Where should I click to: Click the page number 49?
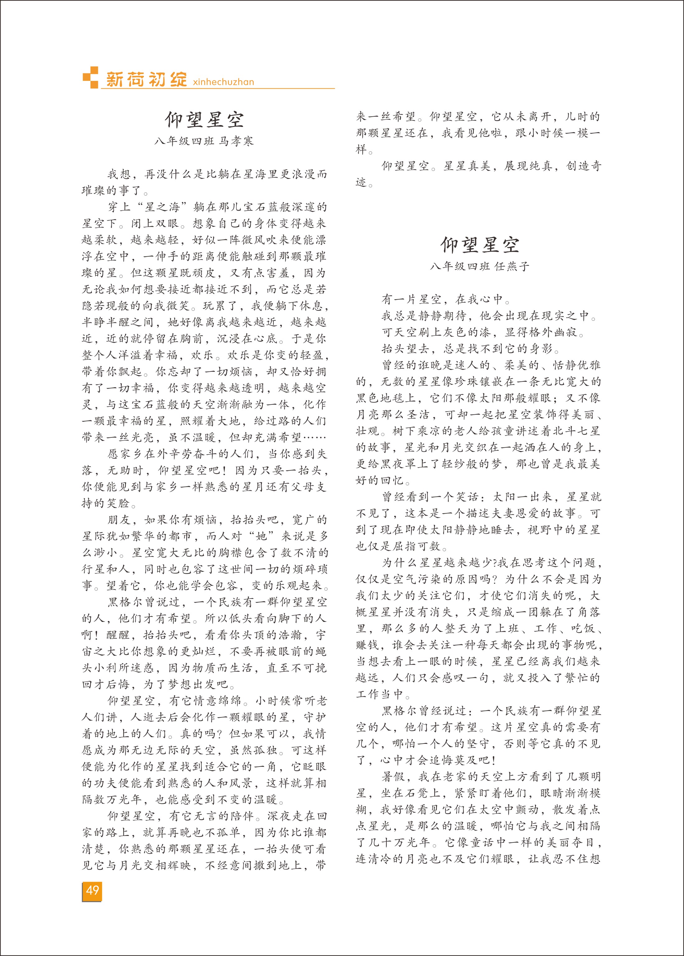(x=92, y=890)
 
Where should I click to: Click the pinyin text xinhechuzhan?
(x=223, y=82)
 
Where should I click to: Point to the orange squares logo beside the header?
(x=91, y=77)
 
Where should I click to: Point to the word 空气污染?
(x=418, y=579)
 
